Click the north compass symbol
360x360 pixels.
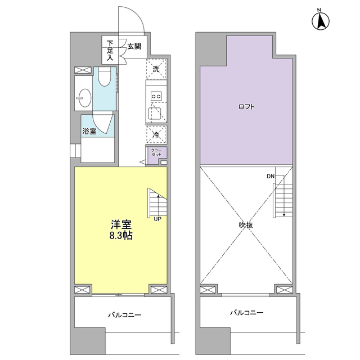point(320,21)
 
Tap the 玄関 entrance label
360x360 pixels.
point(134,46)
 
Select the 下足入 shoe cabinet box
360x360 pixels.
point(109,50)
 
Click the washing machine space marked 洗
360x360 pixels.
point(156,69)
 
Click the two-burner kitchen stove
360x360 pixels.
point(156,97)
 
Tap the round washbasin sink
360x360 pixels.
point(84,99)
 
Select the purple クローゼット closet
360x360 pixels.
point(156,154)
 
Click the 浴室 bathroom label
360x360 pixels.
point(89,132)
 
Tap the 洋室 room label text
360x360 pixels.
point(121,224)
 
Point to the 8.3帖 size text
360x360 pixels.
point(121,236)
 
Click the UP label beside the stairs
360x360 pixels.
point(157,219)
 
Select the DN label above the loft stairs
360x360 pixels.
point(271,177)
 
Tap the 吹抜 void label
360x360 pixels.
point(245,225)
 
